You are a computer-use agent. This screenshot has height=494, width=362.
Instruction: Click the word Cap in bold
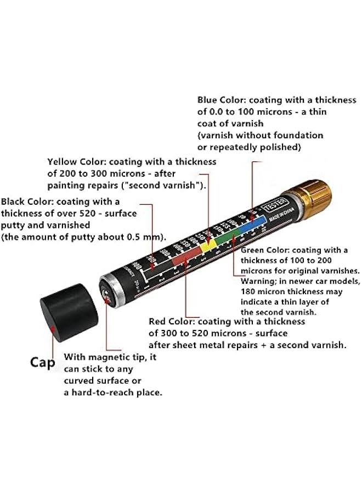click(x=42, y=362)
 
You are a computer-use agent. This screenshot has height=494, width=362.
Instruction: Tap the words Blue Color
click(x=222, y=100)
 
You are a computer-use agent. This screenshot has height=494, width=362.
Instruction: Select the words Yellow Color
click(x=77, y=162)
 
